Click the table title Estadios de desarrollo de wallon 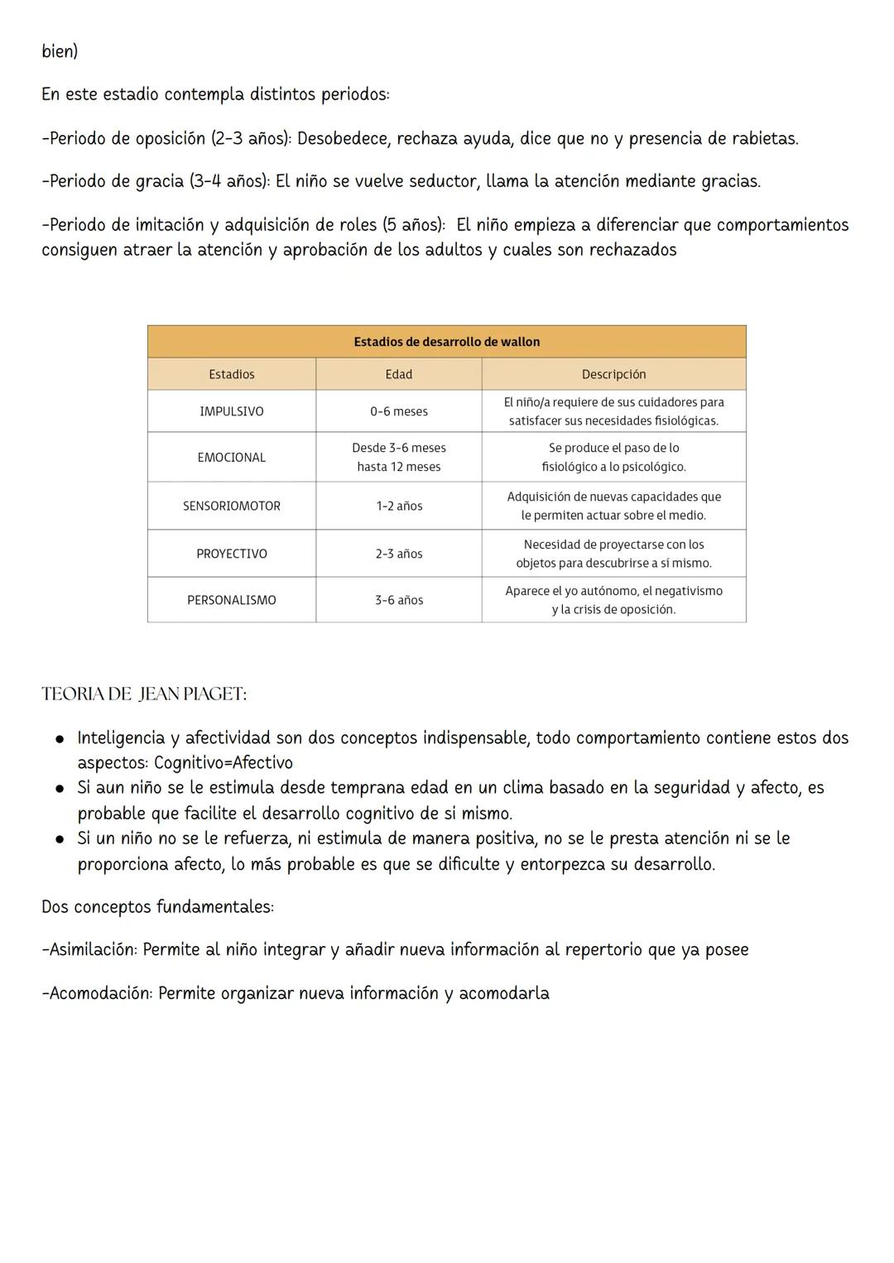446,342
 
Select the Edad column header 398,374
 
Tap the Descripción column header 613,374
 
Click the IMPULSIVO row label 231,411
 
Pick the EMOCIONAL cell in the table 231,457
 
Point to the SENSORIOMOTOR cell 231,506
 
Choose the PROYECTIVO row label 231,554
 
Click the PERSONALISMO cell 231,600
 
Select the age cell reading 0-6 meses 398,411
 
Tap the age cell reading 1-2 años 398,506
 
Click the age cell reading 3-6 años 398,600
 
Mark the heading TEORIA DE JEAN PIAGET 144,694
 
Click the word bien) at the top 60,51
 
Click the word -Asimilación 89,949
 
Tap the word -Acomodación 97,993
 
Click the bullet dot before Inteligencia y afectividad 60,738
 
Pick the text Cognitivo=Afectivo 223,762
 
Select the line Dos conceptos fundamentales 157,906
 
